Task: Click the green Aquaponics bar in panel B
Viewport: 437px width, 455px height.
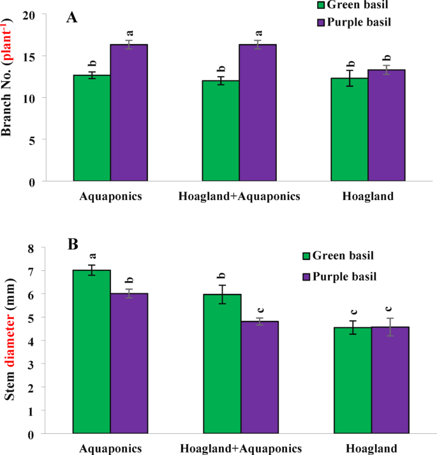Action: (x=92, y=351)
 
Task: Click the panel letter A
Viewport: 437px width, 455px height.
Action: (x=72, y=17)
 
